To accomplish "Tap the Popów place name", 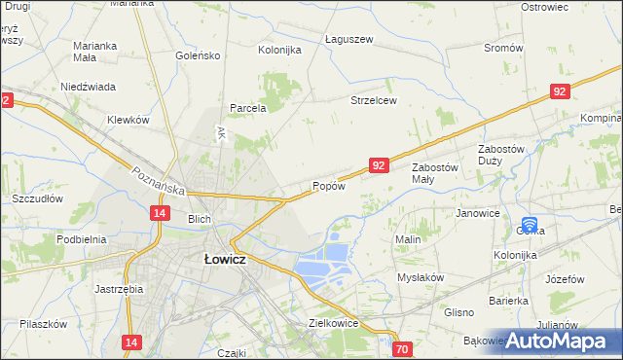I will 328,186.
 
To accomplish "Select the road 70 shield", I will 402,348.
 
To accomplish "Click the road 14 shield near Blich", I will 161,213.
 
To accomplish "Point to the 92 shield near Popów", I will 380,166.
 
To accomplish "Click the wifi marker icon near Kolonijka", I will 531,226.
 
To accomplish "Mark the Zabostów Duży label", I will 501,155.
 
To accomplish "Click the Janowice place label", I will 477,213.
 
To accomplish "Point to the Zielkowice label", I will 334,323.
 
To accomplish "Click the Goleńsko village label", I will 198,55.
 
